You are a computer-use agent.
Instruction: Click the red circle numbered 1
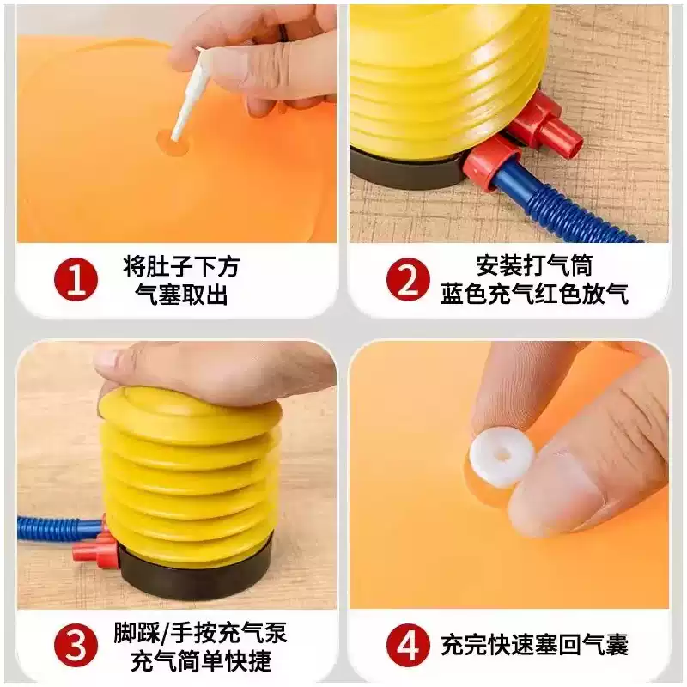pyautogui.click(x=76, y=280)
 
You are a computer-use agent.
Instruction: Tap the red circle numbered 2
pyautogui.click(x=408, y=280)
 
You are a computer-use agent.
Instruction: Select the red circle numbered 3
pyautogui.click(x=76, y=646)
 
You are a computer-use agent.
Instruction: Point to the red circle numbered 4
pyautogui.click(x=408, y=646)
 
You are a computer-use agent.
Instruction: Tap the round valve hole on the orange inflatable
pyautogui.click(x=174, y=142)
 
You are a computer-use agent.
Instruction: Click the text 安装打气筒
pyautogui.click(x=534, y=265)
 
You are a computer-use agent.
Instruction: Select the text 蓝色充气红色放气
pyautogui.click(x=534, y=294)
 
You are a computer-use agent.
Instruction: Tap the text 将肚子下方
pyautogui.click(x=181, y=265)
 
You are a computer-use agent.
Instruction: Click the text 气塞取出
pyautogui.click(x=181, y=294)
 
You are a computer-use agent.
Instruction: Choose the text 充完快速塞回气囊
pyautogui.click(x=534, y=645)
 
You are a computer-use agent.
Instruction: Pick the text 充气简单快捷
pyautogui.click(x=201, y=660)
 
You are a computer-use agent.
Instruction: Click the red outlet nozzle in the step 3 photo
pyautogui.click(x=94, y=550)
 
